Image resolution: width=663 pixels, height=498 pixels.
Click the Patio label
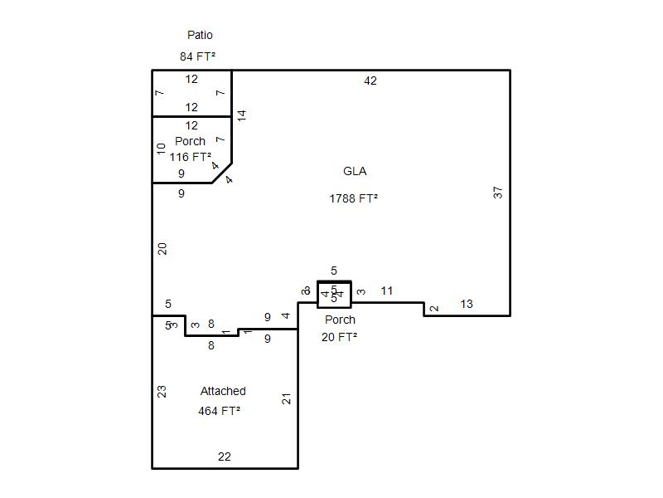tap(200, 36)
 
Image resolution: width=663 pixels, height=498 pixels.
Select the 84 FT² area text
tap(197, 56)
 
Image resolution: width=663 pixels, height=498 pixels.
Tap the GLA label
tap(354, 172)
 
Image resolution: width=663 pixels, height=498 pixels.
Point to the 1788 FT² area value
tap(353, 198)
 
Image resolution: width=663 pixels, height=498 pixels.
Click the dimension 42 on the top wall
tap(370, 81)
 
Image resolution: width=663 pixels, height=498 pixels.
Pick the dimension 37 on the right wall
tap(498, 192)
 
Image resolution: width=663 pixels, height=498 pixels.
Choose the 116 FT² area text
tap(191, 157)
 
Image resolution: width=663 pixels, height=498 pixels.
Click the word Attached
tap(223, 391)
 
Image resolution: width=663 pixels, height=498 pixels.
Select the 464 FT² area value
tap(220, 411)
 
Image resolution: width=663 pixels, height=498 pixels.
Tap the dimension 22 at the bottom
tap(224, 456)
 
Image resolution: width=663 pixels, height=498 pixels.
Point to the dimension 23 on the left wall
tap(162, 391)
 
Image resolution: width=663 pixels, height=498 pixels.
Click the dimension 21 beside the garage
tap(287, 398)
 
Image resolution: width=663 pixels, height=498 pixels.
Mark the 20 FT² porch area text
tap(339, 337)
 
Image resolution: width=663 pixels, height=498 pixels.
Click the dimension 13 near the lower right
tap(466, 305)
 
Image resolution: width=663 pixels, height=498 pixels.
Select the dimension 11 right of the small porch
tap(386, 291)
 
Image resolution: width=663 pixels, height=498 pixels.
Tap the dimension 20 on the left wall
tap(163, 248)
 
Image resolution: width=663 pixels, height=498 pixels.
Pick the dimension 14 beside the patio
tap(242, 115)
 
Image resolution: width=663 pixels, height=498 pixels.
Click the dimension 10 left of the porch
tap(162, 149)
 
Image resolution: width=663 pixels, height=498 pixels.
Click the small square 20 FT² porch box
tap(334, 295)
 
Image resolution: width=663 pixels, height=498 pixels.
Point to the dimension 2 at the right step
tap(434, 310)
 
